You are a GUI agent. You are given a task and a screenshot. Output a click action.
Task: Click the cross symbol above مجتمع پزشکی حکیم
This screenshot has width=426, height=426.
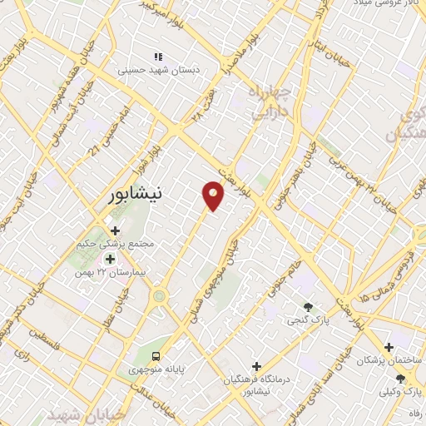[x=115, y=230]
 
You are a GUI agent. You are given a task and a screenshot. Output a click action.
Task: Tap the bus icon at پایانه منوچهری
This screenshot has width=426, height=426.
[x=157, y=353]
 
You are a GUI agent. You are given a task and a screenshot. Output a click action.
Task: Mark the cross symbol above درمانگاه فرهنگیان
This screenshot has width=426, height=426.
[x=256, y=366]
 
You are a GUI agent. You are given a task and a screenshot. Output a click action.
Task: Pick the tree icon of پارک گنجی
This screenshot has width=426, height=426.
[x=309, y=306]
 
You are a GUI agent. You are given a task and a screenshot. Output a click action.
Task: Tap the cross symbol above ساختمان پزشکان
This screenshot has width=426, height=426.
[x=389, y=346]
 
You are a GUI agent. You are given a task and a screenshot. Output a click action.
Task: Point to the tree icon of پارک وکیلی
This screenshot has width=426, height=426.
[x=400, y=379]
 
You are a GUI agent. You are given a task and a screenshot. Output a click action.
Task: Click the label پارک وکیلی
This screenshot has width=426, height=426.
[x=399, y=392]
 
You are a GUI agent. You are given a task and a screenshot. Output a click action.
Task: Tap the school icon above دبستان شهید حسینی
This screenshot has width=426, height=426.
[x=157, y=57]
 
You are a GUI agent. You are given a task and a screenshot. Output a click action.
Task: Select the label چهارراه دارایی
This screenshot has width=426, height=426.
[x=266, y=100]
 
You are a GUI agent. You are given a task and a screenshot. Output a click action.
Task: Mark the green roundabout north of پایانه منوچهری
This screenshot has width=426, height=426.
[x=159, y=295]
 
